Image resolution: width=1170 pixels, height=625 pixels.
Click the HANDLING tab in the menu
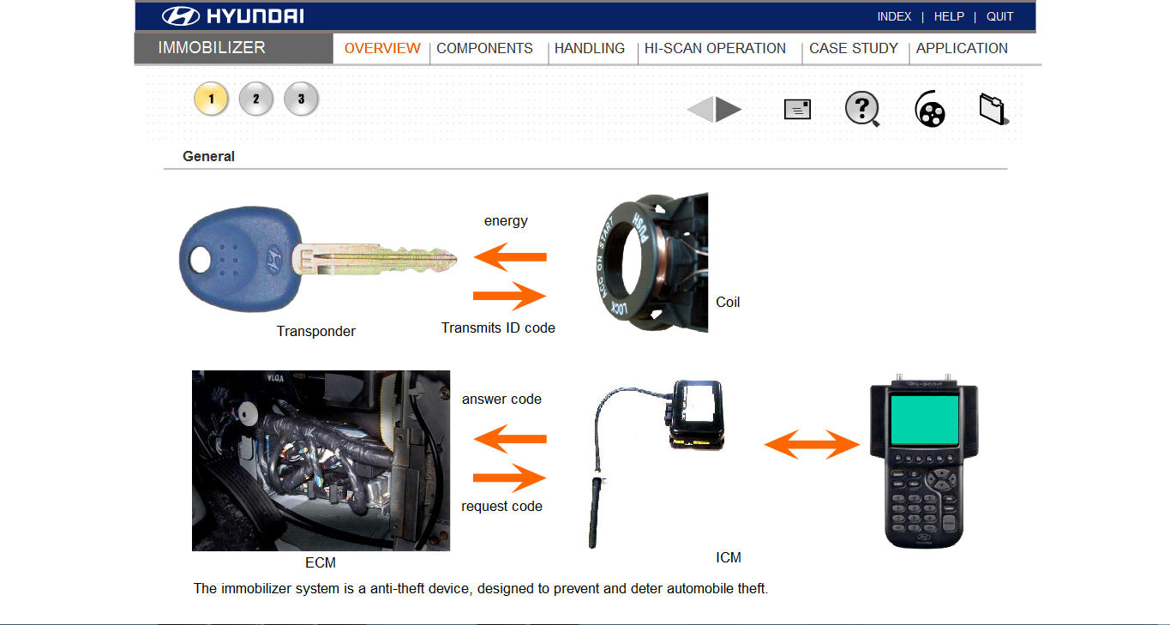pyautogui.click(x=590, y=49)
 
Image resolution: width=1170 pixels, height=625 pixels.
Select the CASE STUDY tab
pyautogui.click(x=853, y=49)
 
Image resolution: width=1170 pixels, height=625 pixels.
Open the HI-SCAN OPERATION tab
pyautogui.click(x=715, y=49)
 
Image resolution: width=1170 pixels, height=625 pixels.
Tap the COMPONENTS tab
pyautogui.click(x=484, y=49)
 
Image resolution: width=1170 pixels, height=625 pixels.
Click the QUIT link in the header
pyautogui.click(x=999, y=16)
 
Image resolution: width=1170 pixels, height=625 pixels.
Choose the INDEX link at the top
pyautogui.click(x=894, y=16)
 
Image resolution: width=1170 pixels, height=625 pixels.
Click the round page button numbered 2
pyautogui.click(x=255, y=99)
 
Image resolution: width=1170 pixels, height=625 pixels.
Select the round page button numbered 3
pyautogui.click(x=301, y=99)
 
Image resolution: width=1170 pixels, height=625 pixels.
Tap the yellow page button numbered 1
pyautogui.click(x=211, y=99)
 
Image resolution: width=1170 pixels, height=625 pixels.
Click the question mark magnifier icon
pyautogui.click(x=862, y=110)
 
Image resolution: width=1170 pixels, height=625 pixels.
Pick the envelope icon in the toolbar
pyautogui.click(x=797, y=110)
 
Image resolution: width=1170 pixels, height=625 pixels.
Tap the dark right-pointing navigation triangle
pyautogui.click(x=729, y=110)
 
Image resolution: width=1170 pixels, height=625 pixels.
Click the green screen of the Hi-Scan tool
pyautogui.click(x=923, y=419)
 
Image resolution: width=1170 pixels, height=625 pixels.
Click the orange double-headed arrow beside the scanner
pyautogui.click(x=812, y=444)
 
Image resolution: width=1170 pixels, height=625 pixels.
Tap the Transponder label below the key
pyautogui.click(x=315, y=331)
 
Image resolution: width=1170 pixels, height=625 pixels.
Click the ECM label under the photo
pyautogui.click(x=321, y=563)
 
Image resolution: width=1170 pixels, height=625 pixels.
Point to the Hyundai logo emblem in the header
pyautogui.click(x=180, y=16)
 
